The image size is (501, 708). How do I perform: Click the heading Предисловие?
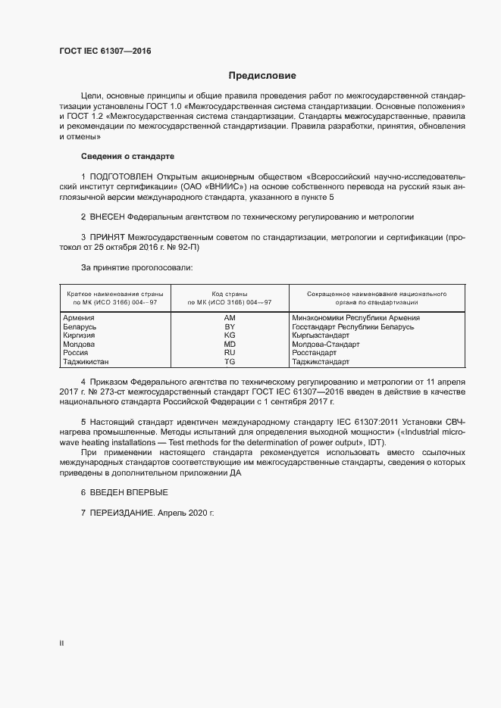[x=263, y=76]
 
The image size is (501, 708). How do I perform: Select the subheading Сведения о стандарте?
[x=127, y=156]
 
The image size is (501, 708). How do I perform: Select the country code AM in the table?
[x=230, y=317]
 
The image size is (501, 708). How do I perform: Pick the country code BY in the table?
[x=230, y=326]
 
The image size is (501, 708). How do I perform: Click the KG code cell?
[x=230, y=335]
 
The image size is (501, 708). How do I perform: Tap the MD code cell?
[x=230, y=344]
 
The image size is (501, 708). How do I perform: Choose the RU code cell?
[x=230, y=353]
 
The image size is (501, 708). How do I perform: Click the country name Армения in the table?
[x=79, y=317]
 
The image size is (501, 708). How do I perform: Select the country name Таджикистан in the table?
[x=86, y=362]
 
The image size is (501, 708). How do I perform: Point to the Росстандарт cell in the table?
[x=314, y=353]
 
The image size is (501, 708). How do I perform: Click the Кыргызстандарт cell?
[x=321, y=335]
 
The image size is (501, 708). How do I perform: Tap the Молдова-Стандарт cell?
[x=325, y=344]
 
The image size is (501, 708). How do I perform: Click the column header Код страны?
[x=230, y=294]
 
